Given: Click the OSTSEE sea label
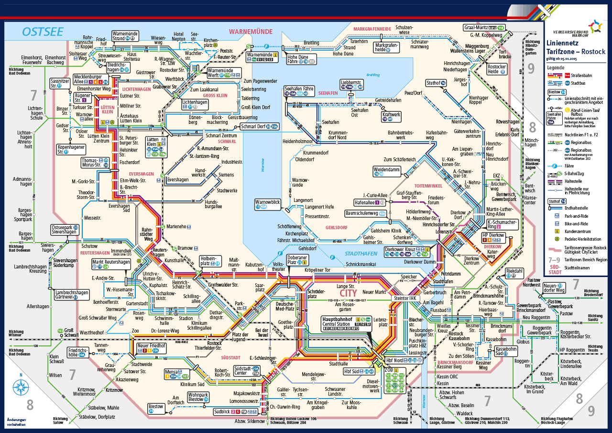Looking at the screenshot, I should click(x=43, y=32).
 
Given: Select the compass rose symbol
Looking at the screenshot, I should click(x=21, y=386).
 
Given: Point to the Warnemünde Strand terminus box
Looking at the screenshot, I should click(x=125, y=36).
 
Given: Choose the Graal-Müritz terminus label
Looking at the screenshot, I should click(x=484, y=28).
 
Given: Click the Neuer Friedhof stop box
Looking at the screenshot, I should click(x=151, y=348).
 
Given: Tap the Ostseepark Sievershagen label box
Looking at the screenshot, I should click(x=65, y=229).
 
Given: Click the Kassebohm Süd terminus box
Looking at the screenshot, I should click(x=505, y=351).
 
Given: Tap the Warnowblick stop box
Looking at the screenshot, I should click(x=268, y=204).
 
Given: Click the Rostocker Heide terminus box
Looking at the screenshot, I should click(x=497, y=69).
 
